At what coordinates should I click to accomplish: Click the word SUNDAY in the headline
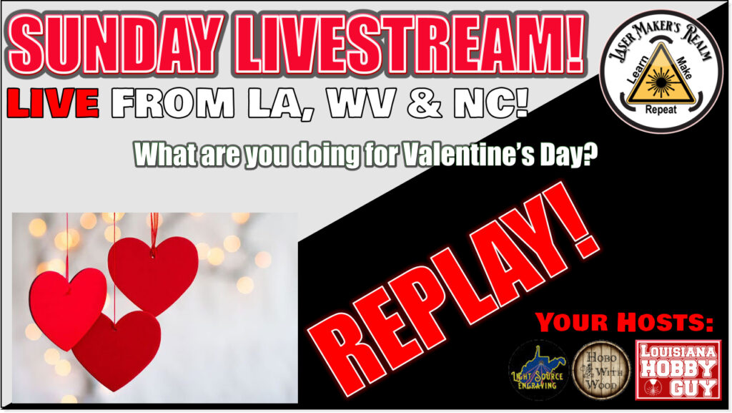click(115, 45)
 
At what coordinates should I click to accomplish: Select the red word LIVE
click(53, 103)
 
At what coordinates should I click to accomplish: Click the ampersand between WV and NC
click(425, 103)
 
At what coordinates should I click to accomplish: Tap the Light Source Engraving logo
click(538, 371)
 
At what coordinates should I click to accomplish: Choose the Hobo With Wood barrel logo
click(601, 371)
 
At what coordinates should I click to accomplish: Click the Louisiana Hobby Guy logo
click(678, 370)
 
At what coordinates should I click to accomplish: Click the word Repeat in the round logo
click(661, 110)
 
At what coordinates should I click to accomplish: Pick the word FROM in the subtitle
click(173, 103)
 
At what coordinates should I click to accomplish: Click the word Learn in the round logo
click(638, 71)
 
